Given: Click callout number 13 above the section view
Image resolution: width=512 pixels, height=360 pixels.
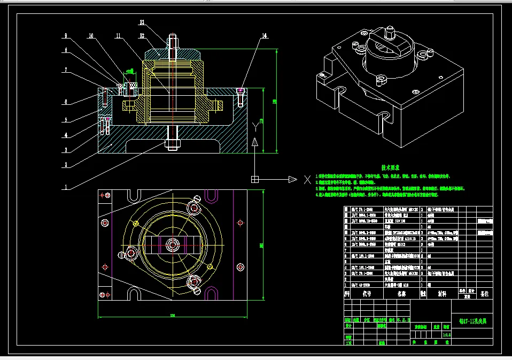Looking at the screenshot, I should click(142, 22).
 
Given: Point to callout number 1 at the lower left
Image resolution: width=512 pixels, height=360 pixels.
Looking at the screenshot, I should click(65, 188).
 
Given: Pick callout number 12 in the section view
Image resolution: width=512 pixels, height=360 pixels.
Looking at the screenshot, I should click(142, 36).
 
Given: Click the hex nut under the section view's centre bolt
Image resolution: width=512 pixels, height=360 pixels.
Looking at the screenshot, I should click(172, 144).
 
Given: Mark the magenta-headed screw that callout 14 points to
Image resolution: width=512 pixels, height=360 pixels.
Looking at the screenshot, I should click(241, 90).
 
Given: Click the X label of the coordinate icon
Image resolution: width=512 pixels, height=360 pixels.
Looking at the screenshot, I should click(307, 180).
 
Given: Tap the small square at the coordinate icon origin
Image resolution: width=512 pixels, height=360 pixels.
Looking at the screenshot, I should click(255, 179).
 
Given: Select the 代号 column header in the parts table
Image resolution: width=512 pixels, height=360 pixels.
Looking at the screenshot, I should click(366, 293).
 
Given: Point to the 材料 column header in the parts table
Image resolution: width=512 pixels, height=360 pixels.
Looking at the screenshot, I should click(441, 293).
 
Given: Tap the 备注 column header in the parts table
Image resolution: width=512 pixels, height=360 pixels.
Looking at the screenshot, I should click(485, 293).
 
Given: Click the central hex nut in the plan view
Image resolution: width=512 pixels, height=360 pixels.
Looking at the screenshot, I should click(172, 245).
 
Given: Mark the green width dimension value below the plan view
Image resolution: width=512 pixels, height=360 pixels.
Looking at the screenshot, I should click(172, 315).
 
